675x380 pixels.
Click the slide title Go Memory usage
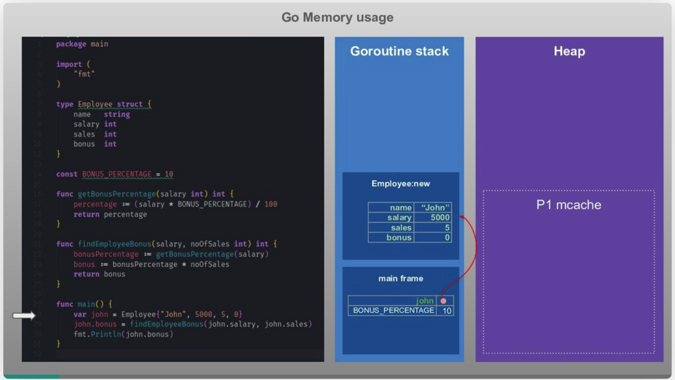click(337, 17)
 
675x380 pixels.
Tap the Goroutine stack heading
click(399, 51)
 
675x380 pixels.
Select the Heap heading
click(569, 51)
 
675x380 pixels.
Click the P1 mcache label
click(568, 205)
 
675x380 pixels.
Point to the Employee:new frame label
click(400, 184)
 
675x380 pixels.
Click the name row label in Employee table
click(391, 207)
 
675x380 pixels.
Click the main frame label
click(400, 279)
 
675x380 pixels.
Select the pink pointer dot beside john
click(444, 301)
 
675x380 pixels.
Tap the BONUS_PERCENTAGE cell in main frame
click(393, 311)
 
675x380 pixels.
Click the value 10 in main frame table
click(447, 311)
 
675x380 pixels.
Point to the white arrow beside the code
click(24, 316)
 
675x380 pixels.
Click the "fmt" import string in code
click(84, 74)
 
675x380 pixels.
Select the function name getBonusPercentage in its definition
click(117, 194)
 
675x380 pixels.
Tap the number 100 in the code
click(270, 204)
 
